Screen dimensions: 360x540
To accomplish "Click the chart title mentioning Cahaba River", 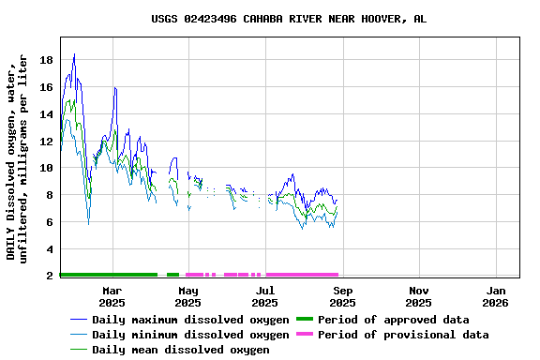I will pos(289,19).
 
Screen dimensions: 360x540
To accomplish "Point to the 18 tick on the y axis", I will pos(46,60).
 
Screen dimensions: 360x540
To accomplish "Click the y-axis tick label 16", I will pos(46,87).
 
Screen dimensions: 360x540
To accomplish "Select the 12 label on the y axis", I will pos(46,141).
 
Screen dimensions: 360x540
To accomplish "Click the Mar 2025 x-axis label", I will pos(112,296).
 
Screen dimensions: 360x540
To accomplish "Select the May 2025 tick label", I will pos(188,296).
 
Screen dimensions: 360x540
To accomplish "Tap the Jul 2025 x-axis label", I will pos(265,296).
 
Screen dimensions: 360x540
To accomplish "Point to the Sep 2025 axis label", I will pos(342,296).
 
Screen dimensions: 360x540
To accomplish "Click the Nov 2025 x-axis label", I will pos(419,296).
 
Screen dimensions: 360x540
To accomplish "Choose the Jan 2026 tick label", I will pos(496,296).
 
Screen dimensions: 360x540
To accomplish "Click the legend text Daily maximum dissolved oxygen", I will pos(190,320).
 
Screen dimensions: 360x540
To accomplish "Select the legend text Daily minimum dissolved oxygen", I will pos(190,335).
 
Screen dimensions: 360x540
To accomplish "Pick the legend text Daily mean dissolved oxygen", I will pos(180,350).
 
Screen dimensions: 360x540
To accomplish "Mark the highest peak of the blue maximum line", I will pos(74,54).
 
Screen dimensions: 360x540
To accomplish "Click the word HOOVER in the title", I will pos(376,19).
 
